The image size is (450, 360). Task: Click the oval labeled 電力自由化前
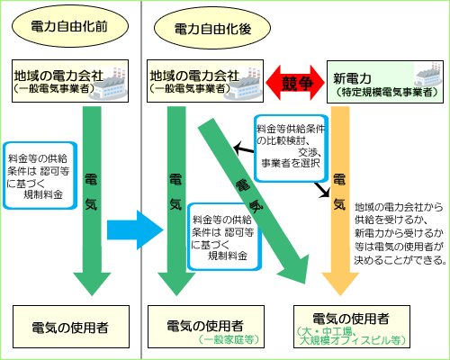click(x=70, y=26)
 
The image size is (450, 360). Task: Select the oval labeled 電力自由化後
click(x=212, y=28)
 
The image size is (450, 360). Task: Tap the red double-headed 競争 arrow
click(x=295, y=83)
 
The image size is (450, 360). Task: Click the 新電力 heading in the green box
click(x=352, y=79)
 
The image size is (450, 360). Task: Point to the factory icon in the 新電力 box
click(x=428, y=75)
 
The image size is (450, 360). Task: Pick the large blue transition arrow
click(x=135, y=230)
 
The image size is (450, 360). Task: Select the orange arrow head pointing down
click(x=340, y=283)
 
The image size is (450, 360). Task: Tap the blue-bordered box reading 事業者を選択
click(x=291, y=148)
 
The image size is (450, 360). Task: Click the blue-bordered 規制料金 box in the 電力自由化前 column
click(x=40, y=175)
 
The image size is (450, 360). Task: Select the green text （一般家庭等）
click(x=229, y=339)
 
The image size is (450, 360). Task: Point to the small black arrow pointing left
click(x=244, y=148)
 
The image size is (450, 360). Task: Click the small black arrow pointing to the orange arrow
click(x=322, y=190)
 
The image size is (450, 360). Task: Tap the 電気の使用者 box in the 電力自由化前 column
click(x=71, y=327)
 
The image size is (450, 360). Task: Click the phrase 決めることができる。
click(x=400, y=260)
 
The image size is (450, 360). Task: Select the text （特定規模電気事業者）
click(x=387, y=92)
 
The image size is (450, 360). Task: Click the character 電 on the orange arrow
click(x=339, y=180)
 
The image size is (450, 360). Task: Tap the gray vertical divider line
click(x=141, y=180)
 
